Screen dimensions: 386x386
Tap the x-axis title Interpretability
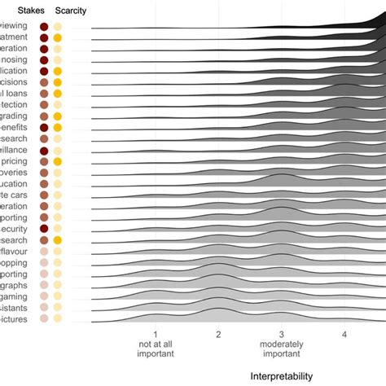[281, 375]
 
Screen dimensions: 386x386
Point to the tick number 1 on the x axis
[155, 334]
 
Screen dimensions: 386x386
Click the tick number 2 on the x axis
[218, 334]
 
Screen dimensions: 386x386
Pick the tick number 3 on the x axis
[281, 334]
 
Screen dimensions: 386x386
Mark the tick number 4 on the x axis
[344, 334]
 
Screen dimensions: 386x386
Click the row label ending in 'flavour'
[14, 252]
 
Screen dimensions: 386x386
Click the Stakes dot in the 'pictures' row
[44, 318]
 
